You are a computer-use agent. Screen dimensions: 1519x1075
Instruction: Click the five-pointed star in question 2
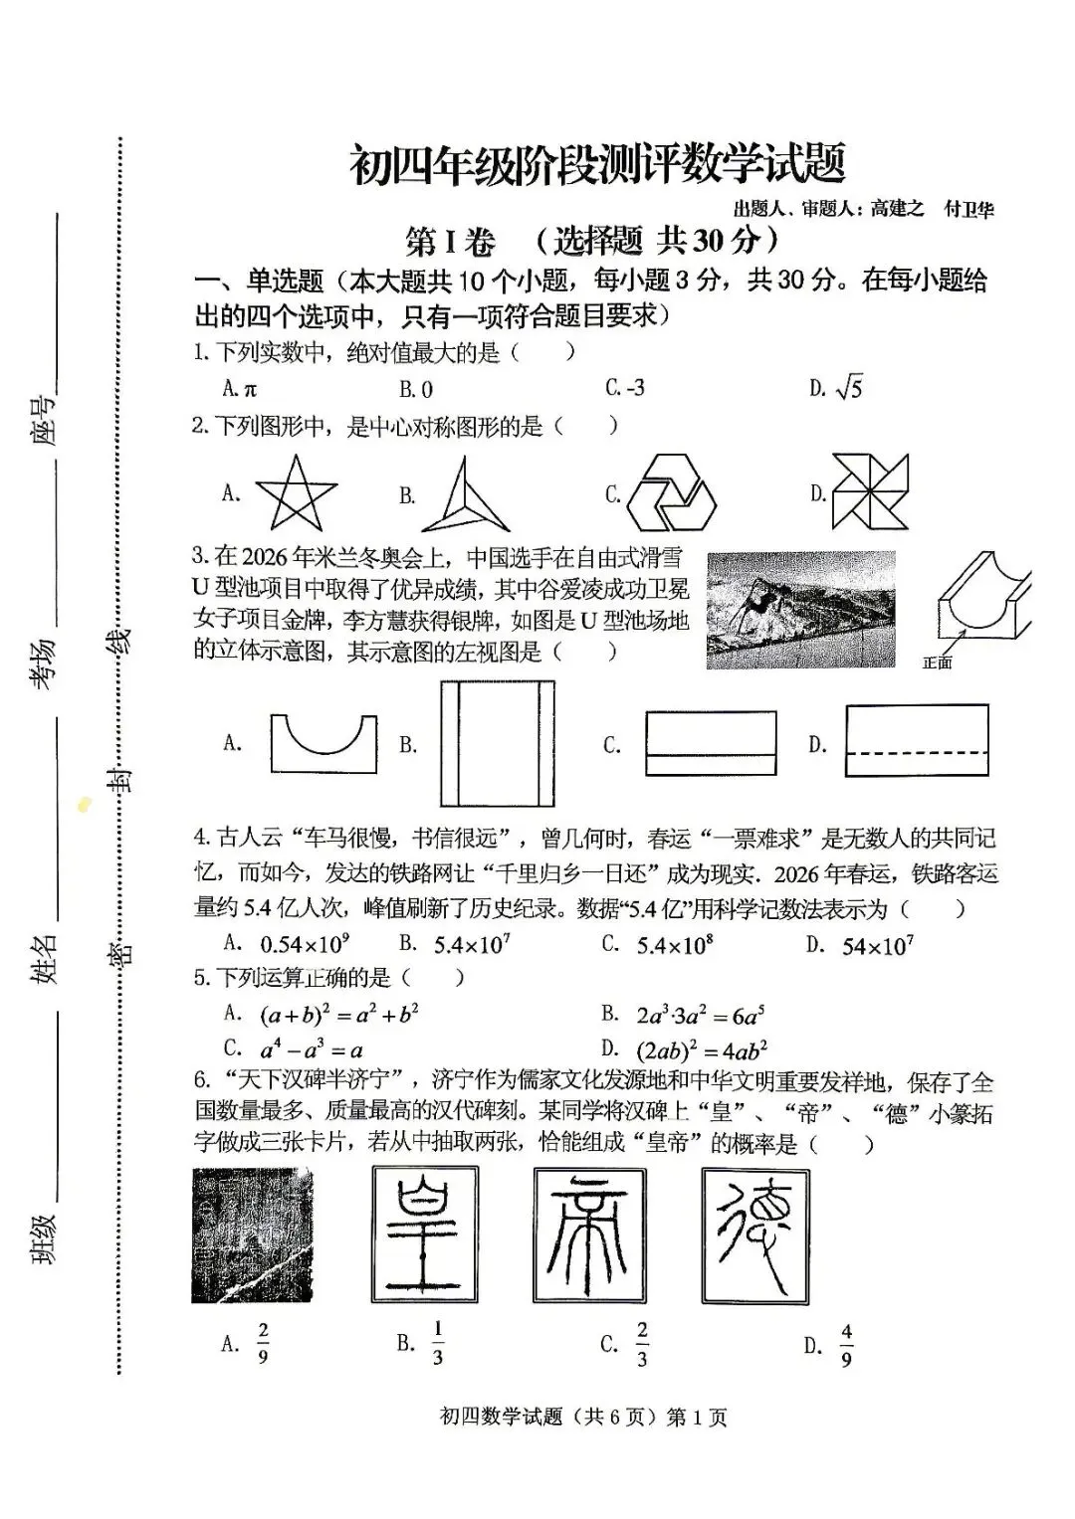coord(296,493)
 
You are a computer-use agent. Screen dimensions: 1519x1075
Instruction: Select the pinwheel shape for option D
coord(870,493)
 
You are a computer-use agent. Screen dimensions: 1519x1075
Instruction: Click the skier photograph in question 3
coord(800,609)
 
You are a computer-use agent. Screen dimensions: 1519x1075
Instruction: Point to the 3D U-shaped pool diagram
coord(983,601)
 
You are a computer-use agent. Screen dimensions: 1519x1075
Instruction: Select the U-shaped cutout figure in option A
coord(323,743)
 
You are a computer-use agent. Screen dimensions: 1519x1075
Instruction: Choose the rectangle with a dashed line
coord(917,740)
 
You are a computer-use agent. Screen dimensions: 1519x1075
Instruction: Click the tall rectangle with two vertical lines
coord(497,743)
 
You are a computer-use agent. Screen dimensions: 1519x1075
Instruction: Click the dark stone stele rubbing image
coord(252,1235)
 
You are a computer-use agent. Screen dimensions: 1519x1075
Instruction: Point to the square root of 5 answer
coord(849,388)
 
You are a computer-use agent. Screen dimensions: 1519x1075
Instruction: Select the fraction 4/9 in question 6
coord(846,1346)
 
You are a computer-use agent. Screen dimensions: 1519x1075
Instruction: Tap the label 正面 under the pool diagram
coord(937,664)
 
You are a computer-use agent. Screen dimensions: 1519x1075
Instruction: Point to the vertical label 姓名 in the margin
coord(44,959)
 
